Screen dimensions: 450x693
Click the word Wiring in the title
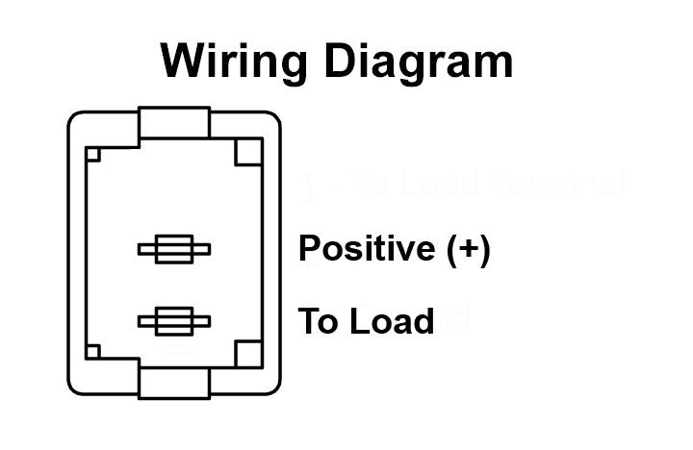point(233,62)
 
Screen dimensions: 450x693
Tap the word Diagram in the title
point(417,62)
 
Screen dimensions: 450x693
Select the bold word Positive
point(367,248)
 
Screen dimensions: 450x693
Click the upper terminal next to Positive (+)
point(174,250)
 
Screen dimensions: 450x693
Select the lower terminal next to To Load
point(174,321)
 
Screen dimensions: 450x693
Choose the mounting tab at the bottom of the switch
point(174,380)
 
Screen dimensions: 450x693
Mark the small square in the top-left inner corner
point(93,154)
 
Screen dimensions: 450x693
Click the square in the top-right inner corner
point(248,152)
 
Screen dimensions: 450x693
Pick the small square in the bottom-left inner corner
point(93,351)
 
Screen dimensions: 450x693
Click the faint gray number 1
point(309,187)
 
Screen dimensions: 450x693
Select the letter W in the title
point(182,62)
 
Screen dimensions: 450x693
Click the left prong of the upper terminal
point(147,250)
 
